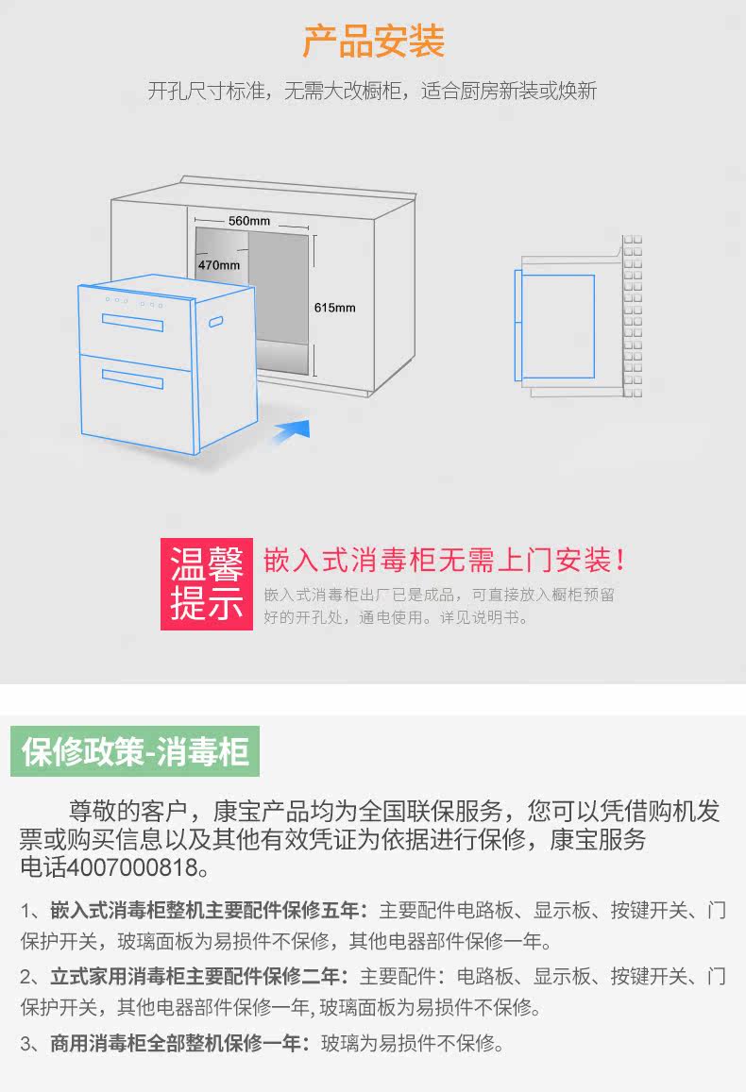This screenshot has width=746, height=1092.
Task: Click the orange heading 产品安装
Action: coord(373,42)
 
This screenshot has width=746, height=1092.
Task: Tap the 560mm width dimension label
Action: coord(249,221)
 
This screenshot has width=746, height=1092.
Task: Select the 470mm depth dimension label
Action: coord(219,265)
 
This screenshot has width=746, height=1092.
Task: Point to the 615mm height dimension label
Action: coord(335,308)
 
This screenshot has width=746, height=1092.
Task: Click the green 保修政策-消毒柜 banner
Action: coord(135,752)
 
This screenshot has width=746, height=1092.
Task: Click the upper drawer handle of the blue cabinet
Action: coord(132,324)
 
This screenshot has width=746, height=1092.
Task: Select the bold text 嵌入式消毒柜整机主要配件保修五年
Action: coord(206,911)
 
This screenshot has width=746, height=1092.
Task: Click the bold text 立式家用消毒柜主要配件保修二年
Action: coord(199,976)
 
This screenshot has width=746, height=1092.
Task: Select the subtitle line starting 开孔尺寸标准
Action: coord(372,92)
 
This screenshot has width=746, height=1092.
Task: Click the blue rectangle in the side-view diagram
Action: coord(557,327)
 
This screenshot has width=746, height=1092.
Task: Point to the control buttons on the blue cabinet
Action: coord(133,302)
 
